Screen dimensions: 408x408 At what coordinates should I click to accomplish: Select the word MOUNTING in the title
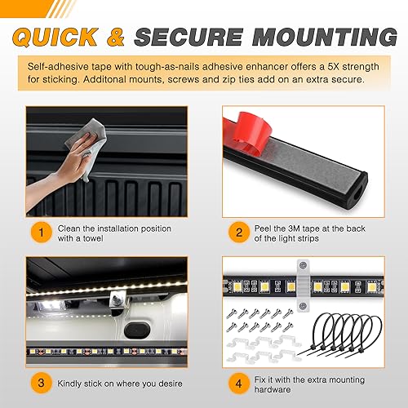point(327,36)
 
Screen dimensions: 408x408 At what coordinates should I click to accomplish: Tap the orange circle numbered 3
point(38,383)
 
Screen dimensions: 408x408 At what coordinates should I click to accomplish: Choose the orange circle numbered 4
point(237,383)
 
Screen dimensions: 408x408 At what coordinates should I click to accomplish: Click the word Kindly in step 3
point(73,384)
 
